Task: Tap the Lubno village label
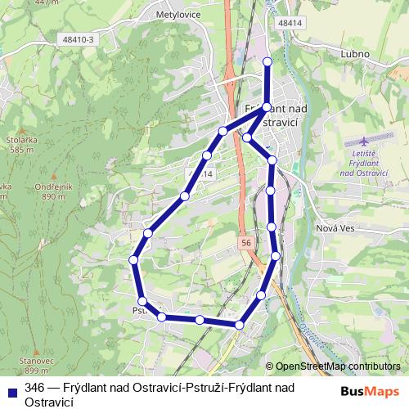354,54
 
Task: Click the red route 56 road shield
247,244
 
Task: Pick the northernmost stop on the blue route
267,61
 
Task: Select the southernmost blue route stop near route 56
239,325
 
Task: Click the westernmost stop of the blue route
133,260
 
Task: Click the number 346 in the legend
34,388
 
